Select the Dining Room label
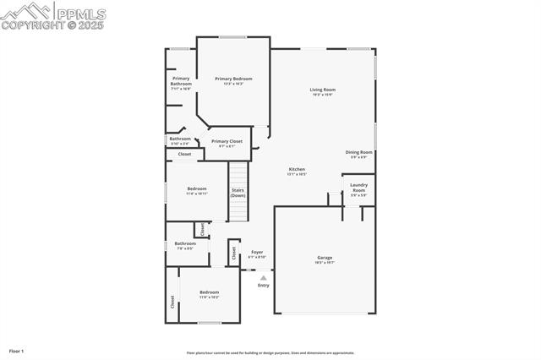[359, 152]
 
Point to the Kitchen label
[297, 169]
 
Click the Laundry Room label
[358, 187]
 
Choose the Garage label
[325, 258]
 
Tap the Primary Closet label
[227, 141]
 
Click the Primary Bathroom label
[181, 81]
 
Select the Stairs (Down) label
[238, 193]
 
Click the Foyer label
[257, 252]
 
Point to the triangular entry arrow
[263, 277]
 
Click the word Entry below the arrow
[263, 285]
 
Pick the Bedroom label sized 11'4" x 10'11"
[197, 188]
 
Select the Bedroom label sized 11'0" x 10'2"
[209, 292]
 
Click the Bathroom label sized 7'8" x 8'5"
[185, 243]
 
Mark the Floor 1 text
[16, 351]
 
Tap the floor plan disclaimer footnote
[270, 353]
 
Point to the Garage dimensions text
[325, 263]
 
